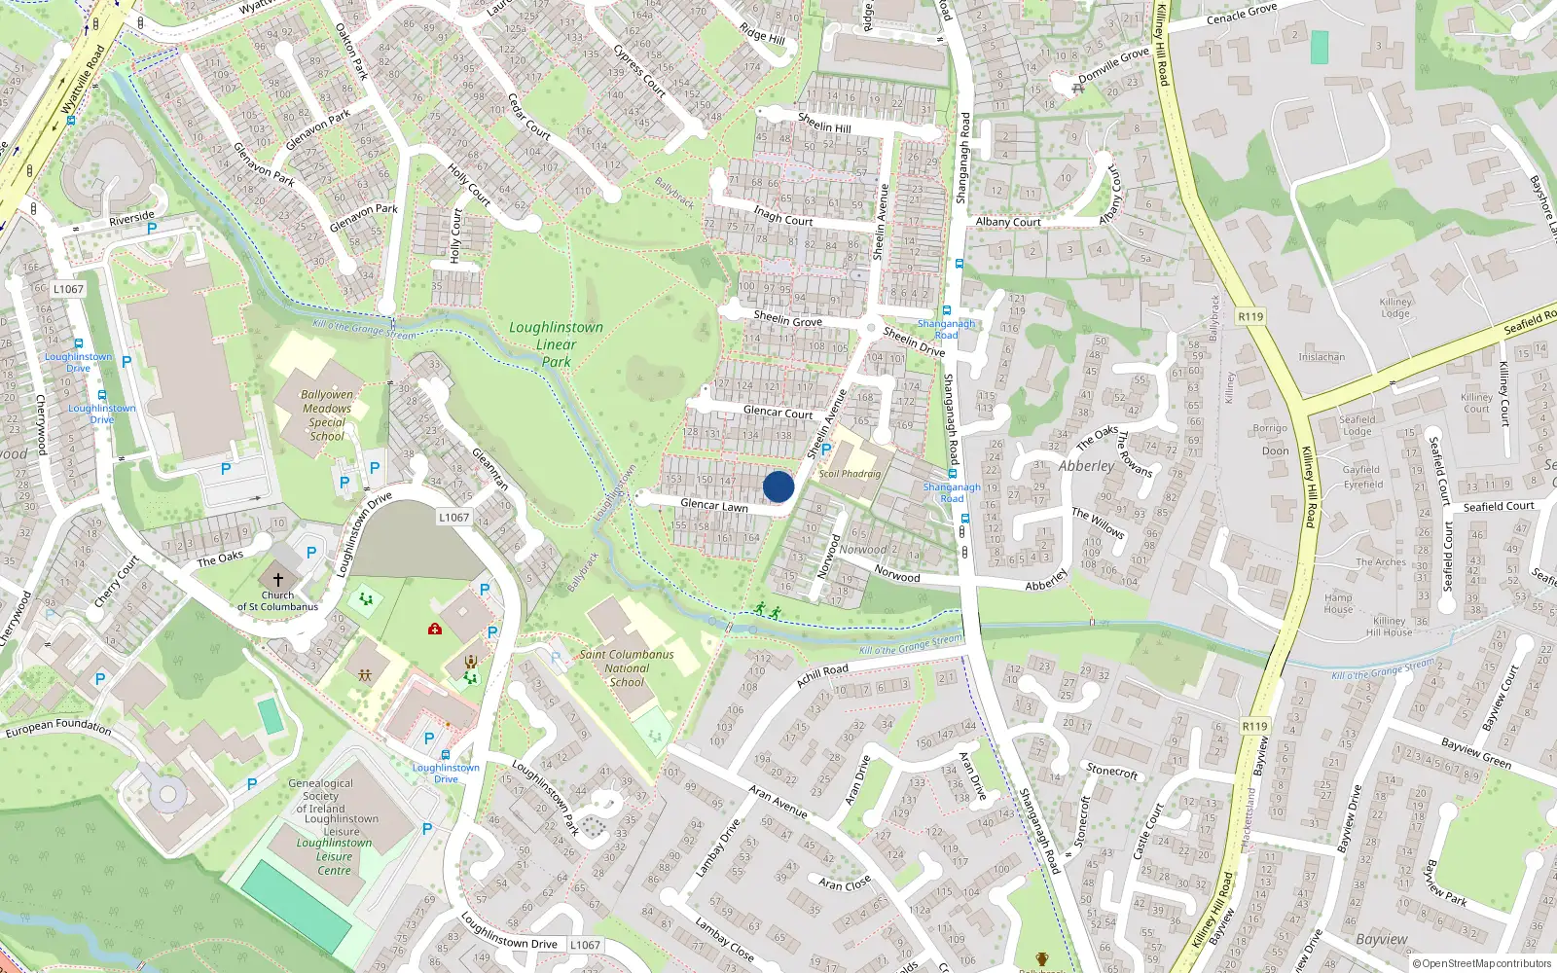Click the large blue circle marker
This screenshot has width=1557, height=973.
pyautogui.click(x=778, y=486)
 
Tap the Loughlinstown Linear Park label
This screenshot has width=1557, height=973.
pyautogui.click(x=556, y=344)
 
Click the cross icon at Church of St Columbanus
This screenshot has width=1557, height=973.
pyautogui.click(x=277, y=578)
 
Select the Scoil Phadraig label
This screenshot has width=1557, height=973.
pyautogui.click(x=850, y=474)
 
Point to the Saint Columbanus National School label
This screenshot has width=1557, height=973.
pyautogui.click(x=627, y=667)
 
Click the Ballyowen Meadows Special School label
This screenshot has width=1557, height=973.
pyautogui.click(x=327, y=415)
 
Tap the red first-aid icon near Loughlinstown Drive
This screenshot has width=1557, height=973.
pyautogui.click(x=435, y=629)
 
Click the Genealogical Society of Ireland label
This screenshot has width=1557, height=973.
pyautogui.click(x=320, y=796)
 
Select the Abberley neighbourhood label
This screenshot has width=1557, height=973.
pyautogui.click(x=1086, y=466)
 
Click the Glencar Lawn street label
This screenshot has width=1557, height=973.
pyautogui.click(x=714, y=505)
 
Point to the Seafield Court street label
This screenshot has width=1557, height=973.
pyautogui.click(x=1499, y=506)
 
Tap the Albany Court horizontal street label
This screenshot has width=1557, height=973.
pyautogui.click(x=1008, y=222)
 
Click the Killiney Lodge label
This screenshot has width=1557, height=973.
pyautogui.click(x=1394, y=307)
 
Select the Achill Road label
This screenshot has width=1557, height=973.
pyautogui.click(x=822, y=674)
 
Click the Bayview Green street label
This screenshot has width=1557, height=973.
pyautogui.click(x=1475, y=752)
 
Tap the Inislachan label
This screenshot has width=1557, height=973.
pyautogui.click(x=1322, y=357)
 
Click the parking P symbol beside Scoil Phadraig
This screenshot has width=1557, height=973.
pyautogui.click(x=826, y=450)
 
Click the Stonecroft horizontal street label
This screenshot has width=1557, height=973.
pyautogui.click(x=1111, y=772)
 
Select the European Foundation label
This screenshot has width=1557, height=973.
pyautogui.click(x=58, y=726)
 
